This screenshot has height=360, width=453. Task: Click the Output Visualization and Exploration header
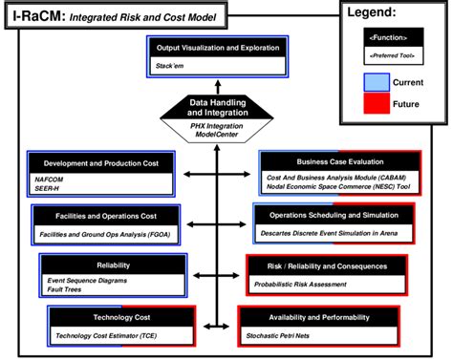pyautogui.click(x=217, y=48)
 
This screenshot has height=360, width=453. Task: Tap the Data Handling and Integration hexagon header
pyautogui.click(x=219, y=106)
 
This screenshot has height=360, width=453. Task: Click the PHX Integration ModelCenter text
pyautogui.click(x=219, y=129)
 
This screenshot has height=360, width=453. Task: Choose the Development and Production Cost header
pyautogui.click(x=100, y=162)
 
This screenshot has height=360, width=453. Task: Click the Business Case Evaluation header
pyautogui.click(x=339, y=162)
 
